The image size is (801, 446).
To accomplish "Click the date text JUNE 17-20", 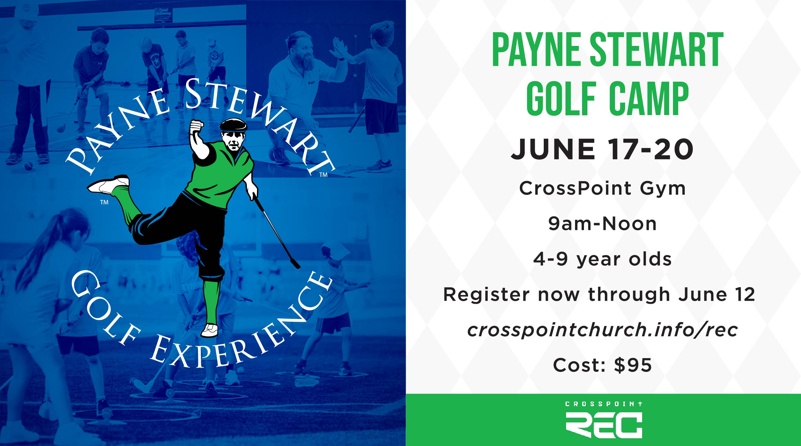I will pyautogui.click(x=602, y=150).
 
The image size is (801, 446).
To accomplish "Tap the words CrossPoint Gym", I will pyautogui.click(x=602, y=188).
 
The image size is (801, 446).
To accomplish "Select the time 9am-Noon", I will pyautogui.click(x=602, y=224).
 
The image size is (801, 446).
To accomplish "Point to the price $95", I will pyautogui.click(x=633, y=365).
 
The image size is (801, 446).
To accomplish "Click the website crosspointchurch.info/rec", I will pyautogui.click(x=602, y=330).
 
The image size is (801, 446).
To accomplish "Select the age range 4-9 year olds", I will pyautogui.click(x=602, y=259).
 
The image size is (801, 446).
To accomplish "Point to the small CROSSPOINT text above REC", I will pyautogui.click(x=604, y=404).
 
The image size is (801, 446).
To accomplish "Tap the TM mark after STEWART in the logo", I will pyautogui.click(x=323, y=175).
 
